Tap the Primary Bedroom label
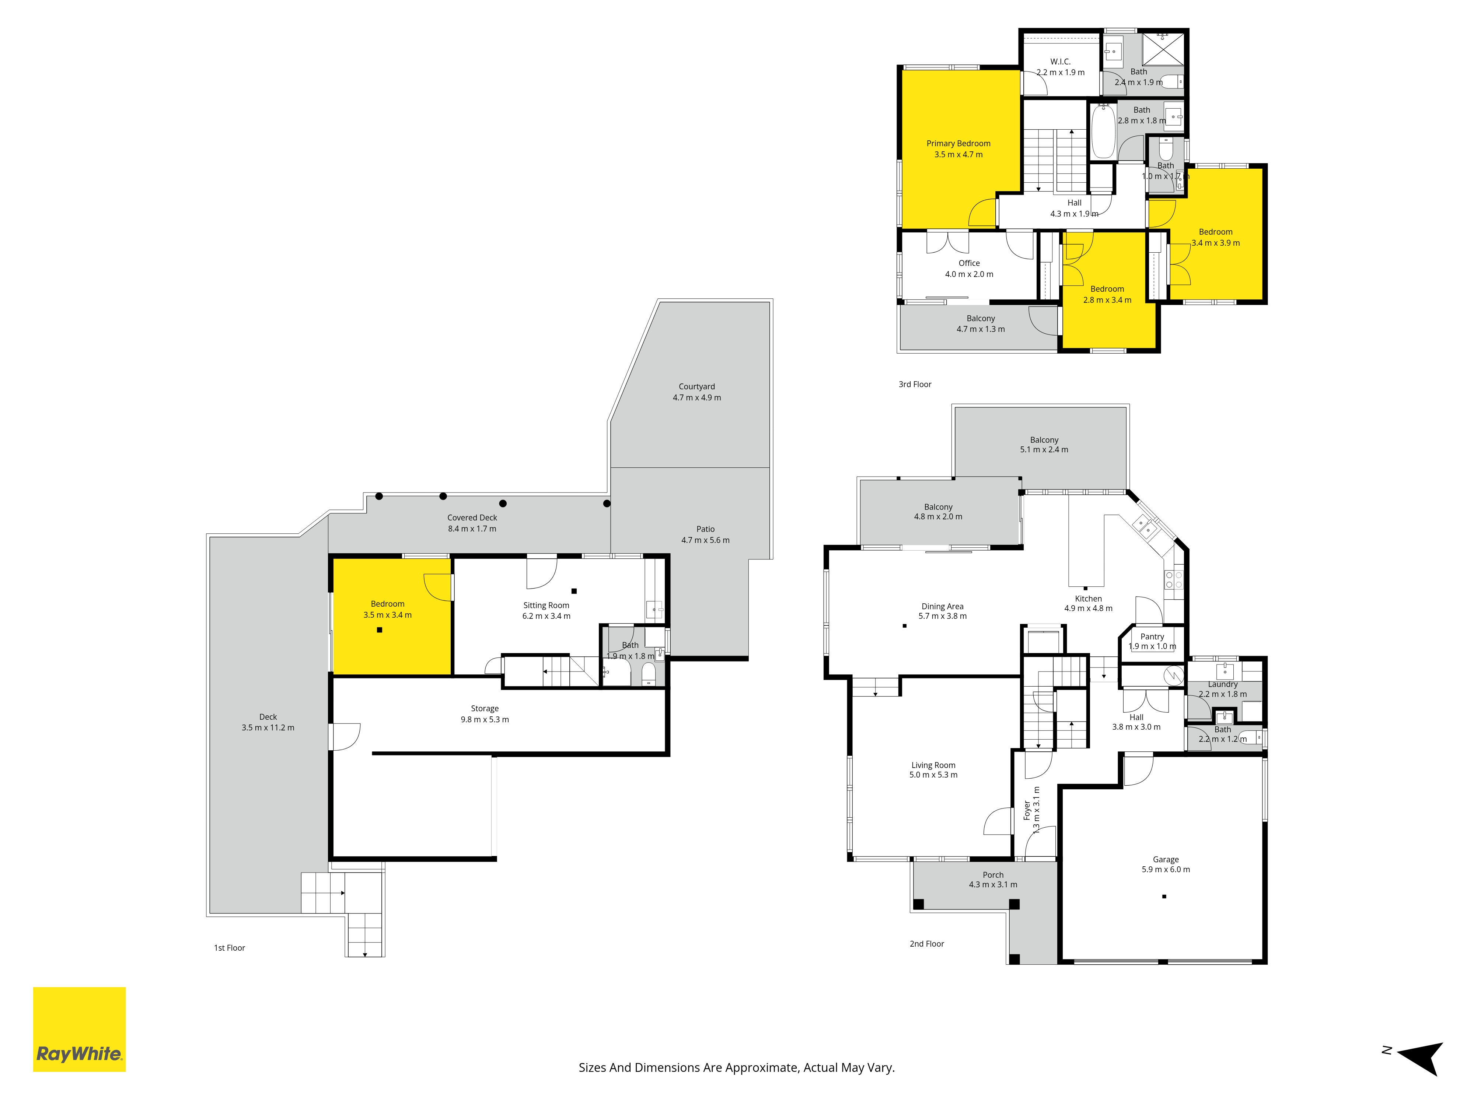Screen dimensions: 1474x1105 pos(958,143)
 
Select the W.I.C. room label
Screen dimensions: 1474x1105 pos(1060,61)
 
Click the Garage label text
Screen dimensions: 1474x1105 pos(1166,859)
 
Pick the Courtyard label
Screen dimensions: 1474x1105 pos(696,386)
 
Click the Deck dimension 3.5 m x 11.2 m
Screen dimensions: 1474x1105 pos(268,727)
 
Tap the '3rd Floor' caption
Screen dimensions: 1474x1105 pos(915,384)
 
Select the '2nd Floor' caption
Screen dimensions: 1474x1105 pos(927,944)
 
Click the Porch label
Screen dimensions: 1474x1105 pos(993,874)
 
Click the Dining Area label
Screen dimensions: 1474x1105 pos(942,606)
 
